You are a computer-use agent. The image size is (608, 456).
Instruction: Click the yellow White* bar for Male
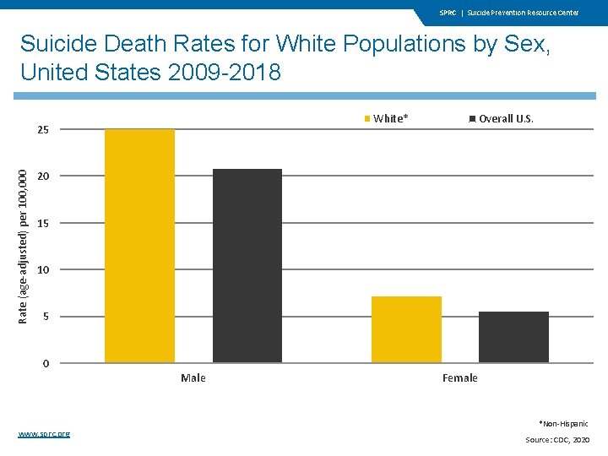pyautogui.click(x=139, y=246)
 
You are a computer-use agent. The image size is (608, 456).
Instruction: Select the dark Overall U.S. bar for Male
pyautogui.click(x=247, y=266)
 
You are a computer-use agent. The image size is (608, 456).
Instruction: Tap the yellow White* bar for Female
pyautogui.click(x=406, y=329)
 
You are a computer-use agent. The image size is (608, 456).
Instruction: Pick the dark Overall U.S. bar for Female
pyautogui.click(x=513, y=337)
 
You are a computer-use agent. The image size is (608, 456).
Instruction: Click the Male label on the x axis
pyautogui.click(x=193, y=378)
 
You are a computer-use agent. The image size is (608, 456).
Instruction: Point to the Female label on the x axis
pyautogui.click(x=459, y=378)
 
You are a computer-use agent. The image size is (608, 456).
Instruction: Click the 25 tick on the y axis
pyautogui.click(x=43, y=130)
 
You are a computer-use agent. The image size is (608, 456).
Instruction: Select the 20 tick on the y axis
pyautogui.click(x=43, y=176)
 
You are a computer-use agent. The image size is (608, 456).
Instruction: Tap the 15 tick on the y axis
pyautogui.click(x=43, y=224)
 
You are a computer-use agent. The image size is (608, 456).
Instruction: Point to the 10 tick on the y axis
pyautogui.click(x=43, y=270)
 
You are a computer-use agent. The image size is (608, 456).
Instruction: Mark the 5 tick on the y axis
pyautogui.click(x=46, y=317)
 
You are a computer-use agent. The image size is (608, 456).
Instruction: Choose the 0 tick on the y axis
pyautogui.click(x=46, y=364)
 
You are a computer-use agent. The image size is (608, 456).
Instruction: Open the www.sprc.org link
pyautogui.click(x=44, y=433)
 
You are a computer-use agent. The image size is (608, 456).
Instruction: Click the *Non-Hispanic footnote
pyautogui.click(x=563, y=423)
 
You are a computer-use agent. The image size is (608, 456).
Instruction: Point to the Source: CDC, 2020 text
pyautogui.click(x=556, y=440)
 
